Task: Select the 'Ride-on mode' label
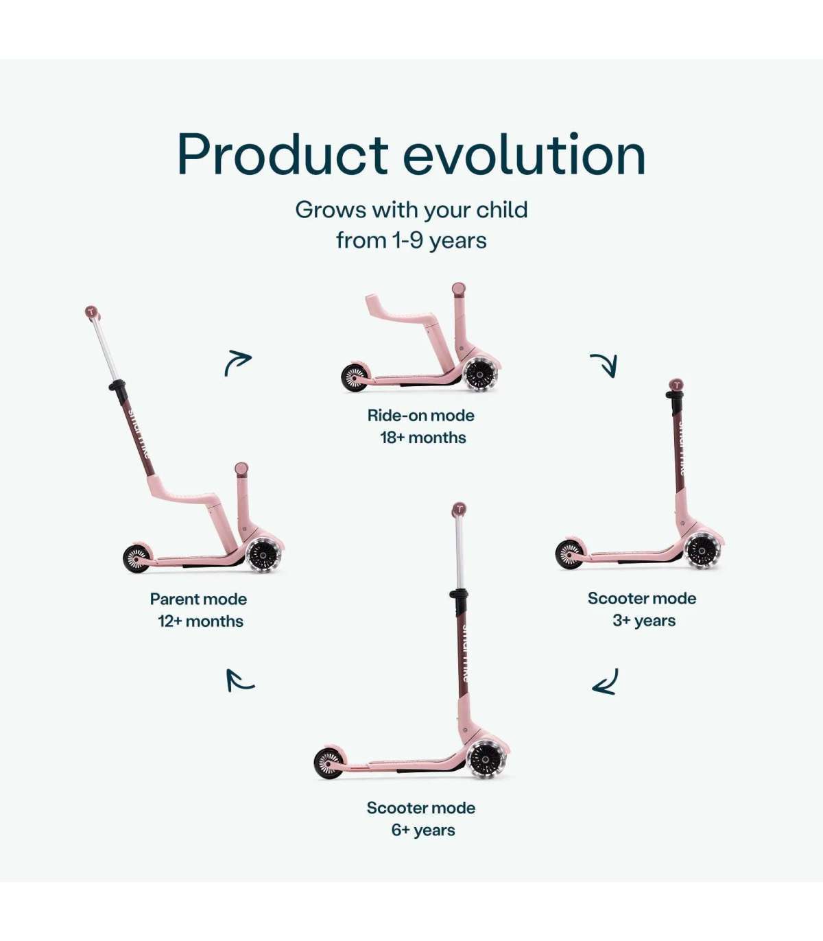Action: tap(420, 416)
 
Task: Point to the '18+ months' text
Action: tap(423, 438)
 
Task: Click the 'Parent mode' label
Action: tap(198, 599)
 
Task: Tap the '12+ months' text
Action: tap(200, 621)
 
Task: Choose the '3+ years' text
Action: tap(644, 621)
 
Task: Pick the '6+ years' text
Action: tap(423, 830)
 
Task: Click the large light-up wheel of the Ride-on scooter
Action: tap(480, 375)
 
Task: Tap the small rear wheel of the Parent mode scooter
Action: tap(136, 558)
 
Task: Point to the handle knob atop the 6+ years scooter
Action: tap(459, 509)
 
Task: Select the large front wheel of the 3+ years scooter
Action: tap(701, 551)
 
